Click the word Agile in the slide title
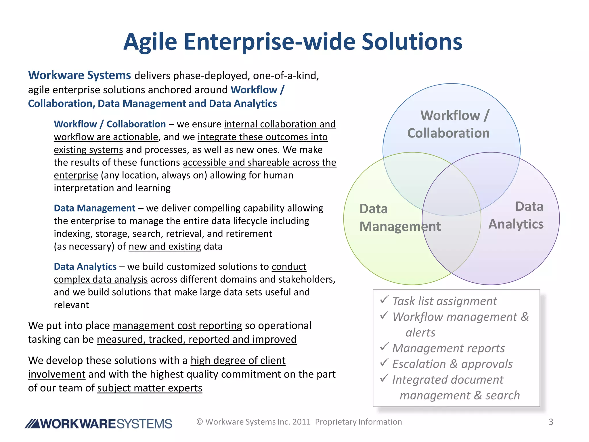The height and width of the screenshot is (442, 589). click(x=150, y=42)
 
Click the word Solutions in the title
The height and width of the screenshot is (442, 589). click(x=412, y=42)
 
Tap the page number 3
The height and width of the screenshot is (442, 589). click(x=551, y=422)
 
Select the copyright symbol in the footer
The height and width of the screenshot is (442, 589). click(x=200, y=422)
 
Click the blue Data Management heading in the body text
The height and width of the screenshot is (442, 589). click(x=94, y=208)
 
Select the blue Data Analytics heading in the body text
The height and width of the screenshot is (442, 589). click(x=85, y=266)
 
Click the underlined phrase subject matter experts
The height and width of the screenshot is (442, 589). click(x=150, y=388)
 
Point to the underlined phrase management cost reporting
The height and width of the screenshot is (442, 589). click(x=177, y=325)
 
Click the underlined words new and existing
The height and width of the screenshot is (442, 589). click(x=165, y=246)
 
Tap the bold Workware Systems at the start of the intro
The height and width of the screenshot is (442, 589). click(x=79, y=75)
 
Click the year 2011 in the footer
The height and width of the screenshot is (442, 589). click(x=301, y=422)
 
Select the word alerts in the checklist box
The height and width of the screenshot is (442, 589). click(x=420, y=332)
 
